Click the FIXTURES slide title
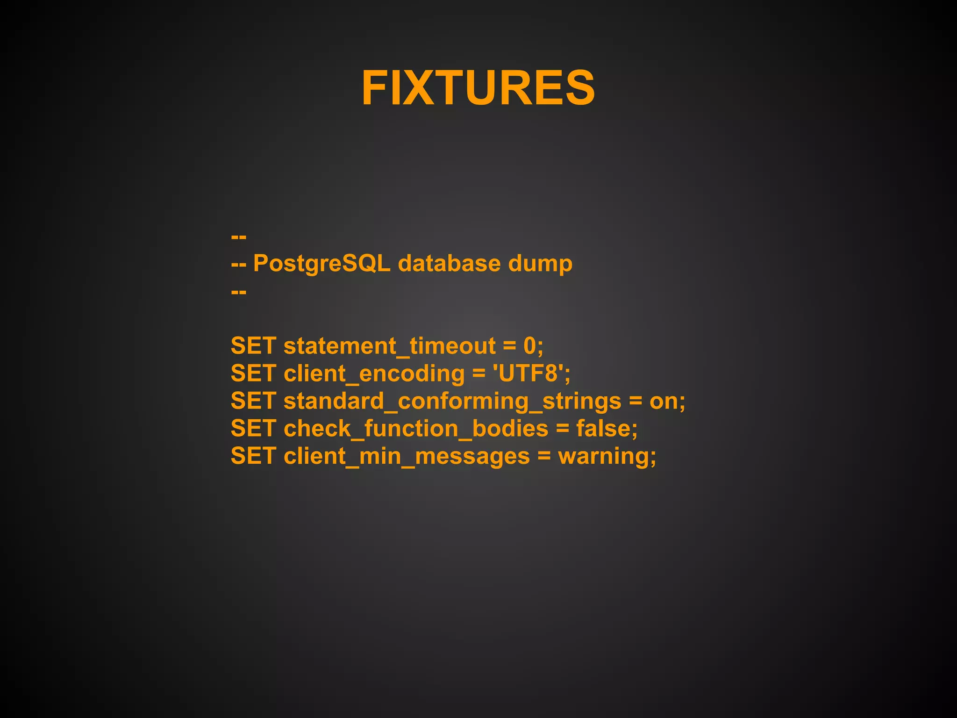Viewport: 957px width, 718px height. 478,88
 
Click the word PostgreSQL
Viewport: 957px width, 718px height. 321,264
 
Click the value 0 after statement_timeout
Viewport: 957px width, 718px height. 530,346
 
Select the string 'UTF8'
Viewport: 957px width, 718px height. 528,373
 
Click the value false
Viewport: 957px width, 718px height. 603,429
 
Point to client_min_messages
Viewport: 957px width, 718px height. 407,456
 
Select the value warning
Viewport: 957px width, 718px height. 603,456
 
